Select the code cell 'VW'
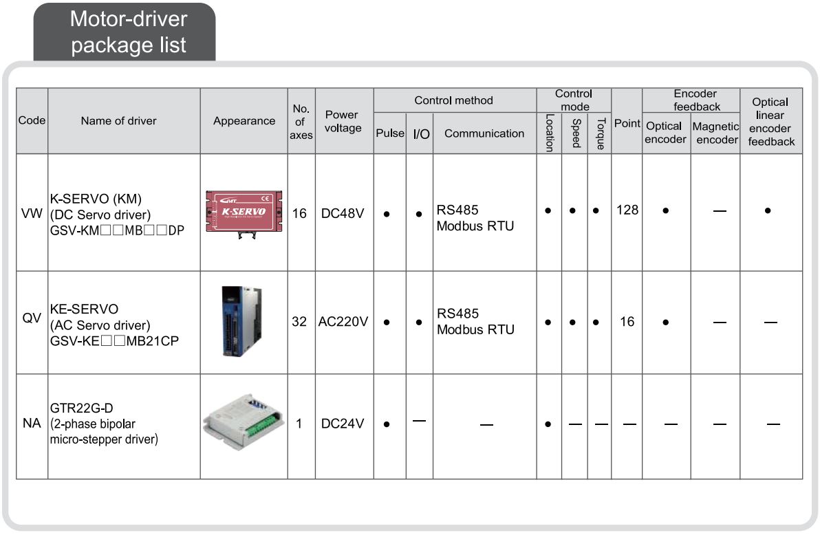tap(32, 213)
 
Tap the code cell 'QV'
tap(32, 321)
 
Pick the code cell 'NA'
tap(32, 424)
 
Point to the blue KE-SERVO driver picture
tap(243, 321)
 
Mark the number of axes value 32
tap(299, 321)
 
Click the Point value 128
tap(627, 210)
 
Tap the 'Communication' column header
tap(484, 133)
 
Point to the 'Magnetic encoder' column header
tap(715, 133)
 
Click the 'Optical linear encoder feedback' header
tap(771, 122)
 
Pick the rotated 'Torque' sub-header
tap(600, 133)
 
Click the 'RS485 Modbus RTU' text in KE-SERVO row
tap(475, 321)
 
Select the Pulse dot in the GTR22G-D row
tap(387, 424)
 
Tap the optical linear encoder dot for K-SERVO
tap(767, 211)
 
